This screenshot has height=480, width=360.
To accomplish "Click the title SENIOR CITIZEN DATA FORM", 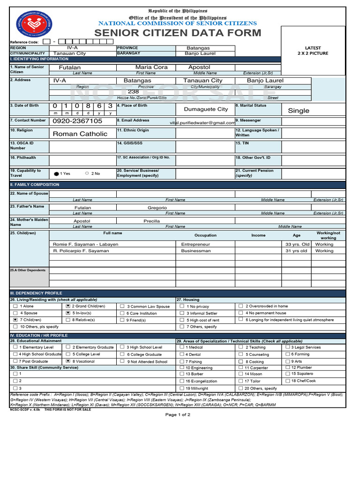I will (178, 33).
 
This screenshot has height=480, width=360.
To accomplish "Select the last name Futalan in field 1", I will (70, 67).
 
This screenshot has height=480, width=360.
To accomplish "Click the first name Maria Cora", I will (151, 67).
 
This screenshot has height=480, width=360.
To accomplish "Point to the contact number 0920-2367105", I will (77, 121).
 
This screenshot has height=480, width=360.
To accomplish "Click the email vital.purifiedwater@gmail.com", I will (202, 123).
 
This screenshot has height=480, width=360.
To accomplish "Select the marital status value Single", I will (298, 111).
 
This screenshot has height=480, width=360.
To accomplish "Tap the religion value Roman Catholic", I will (80, 134).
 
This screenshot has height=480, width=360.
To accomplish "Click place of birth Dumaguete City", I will (206, 109).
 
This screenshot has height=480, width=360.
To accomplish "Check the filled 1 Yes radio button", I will (57, 173).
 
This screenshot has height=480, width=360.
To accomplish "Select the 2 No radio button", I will (87, 173).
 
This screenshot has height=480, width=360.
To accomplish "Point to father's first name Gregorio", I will (157, 207).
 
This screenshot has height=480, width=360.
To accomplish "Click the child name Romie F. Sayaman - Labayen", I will (86, 244).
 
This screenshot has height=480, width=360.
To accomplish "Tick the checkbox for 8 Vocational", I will (68, 361).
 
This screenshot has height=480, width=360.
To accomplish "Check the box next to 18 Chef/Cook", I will (287, 381).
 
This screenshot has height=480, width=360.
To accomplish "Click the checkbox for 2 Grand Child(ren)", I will (68, 306).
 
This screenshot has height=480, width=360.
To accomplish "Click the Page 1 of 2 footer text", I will (178, 415).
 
